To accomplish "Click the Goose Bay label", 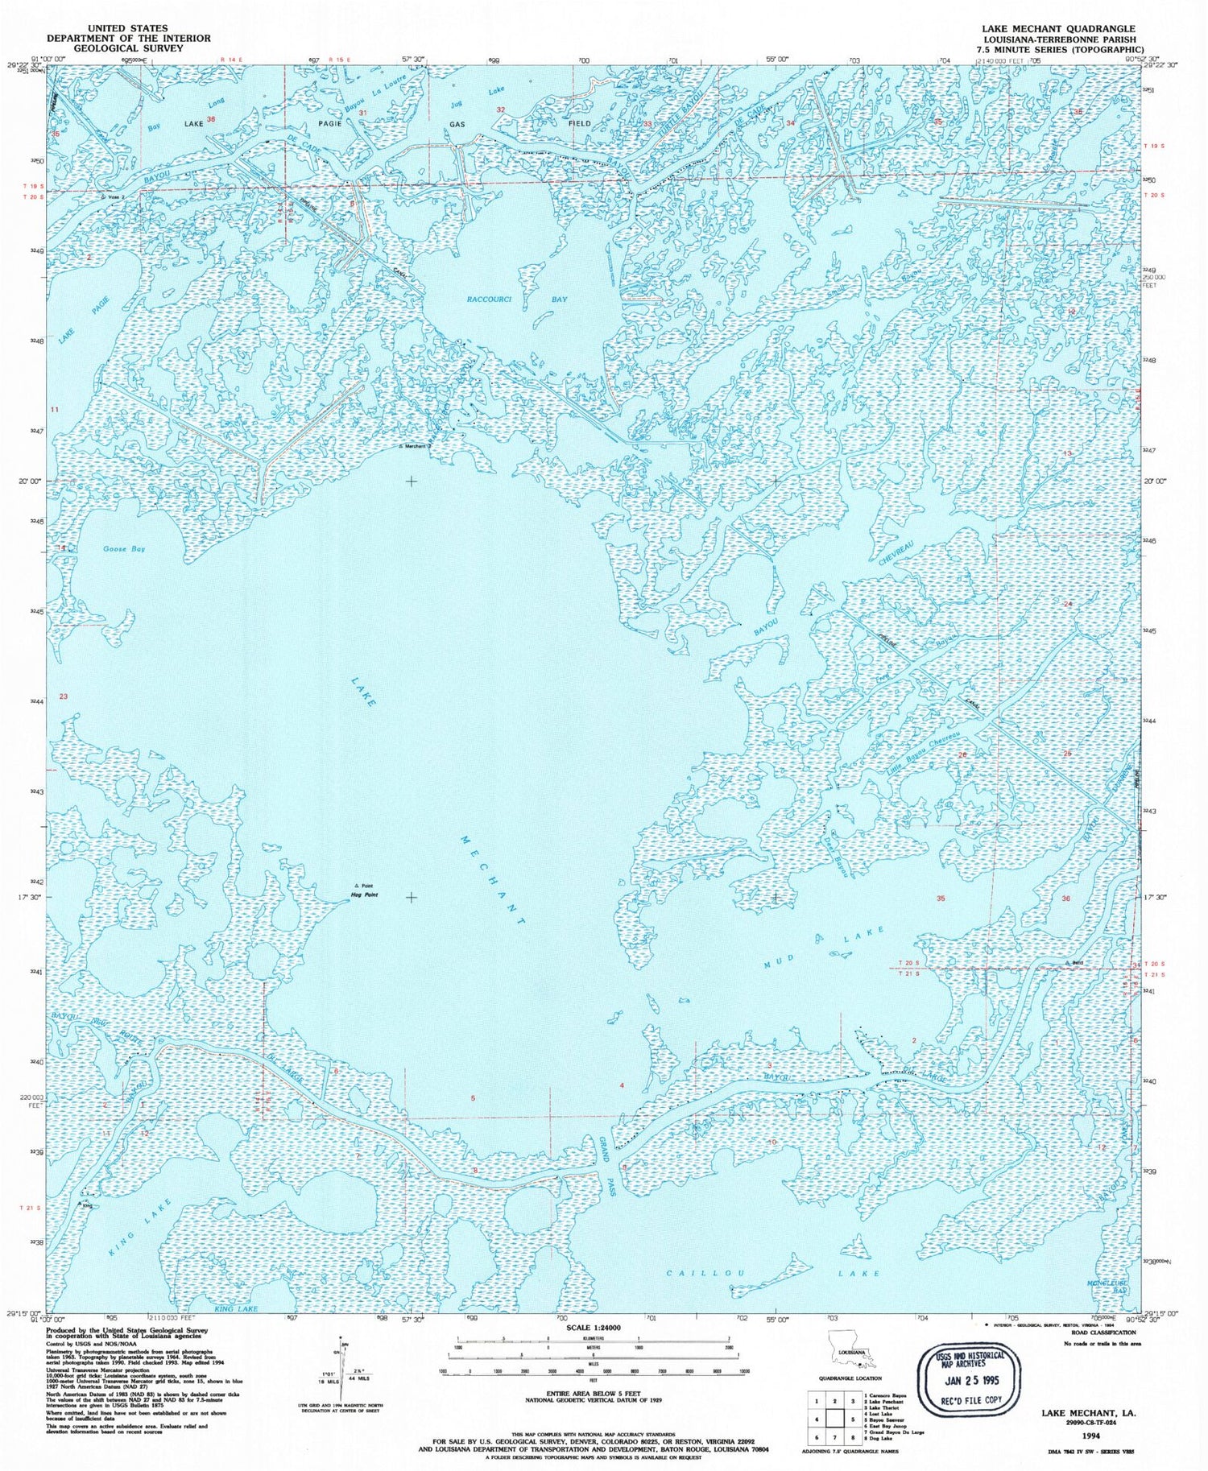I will pos(124,549).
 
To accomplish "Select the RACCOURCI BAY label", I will pos(517,300).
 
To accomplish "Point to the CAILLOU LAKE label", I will pos(773,1274).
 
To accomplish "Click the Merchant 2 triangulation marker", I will pos(400,447).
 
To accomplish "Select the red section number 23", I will pos(64,696).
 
